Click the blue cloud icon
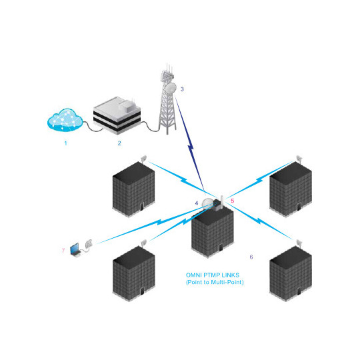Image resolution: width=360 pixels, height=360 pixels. [65, 121]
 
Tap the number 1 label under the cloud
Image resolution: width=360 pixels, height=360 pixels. [65, 143]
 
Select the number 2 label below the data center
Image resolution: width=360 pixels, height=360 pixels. [119, 143]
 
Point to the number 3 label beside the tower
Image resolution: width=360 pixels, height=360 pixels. [182, 89]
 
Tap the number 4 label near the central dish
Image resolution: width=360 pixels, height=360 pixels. [197, 202]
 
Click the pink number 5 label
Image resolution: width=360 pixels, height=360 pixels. [232, 199]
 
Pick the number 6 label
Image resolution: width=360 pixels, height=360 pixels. [251, 257]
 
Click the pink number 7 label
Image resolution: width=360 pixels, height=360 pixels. [63, 251]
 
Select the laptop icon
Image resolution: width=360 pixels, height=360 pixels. [78, 249]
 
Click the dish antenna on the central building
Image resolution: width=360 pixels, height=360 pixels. [209, 205]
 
